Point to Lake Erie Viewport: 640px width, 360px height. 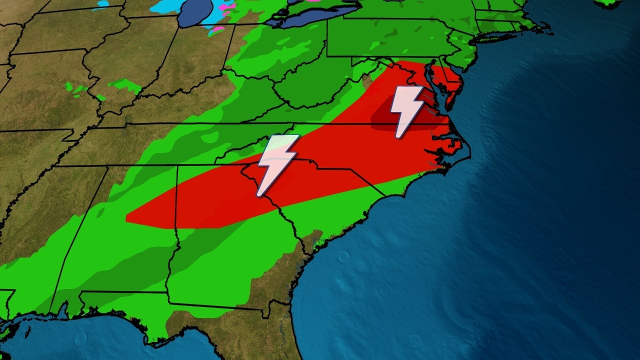(x=300, y=20)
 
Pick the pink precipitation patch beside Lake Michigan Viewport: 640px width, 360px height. (x=218, y=29)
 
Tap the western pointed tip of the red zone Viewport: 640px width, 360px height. (x=128, y=218)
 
